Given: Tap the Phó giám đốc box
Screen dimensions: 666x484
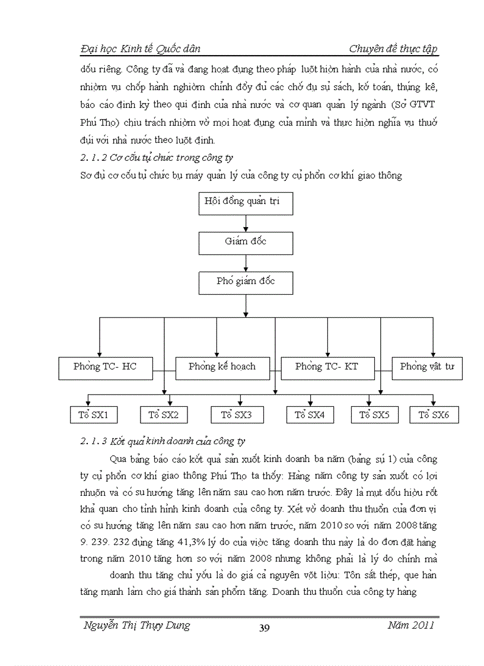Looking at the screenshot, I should click(x=246, y=282).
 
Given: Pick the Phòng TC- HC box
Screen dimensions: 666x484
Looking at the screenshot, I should click(x=106, y=368).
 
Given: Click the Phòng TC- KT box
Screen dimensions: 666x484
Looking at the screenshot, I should click(x=327, y=368).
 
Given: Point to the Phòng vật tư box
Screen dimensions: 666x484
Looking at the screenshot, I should click(x=427, y=368).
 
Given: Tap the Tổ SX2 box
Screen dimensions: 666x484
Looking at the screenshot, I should click(x=164, y=415).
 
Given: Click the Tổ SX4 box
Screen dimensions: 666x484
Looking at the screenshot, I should click(x=310, y=415).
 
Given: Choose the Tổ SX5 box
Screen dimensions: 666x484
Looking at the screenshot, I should click(x=375, y=415).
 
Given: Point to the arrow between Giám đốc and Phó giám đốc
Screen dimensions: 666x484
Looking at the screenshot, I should click(x=246, y=262).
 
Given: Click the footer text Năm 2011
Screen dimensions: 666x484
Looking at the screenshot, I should click(x=411, y=625).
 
